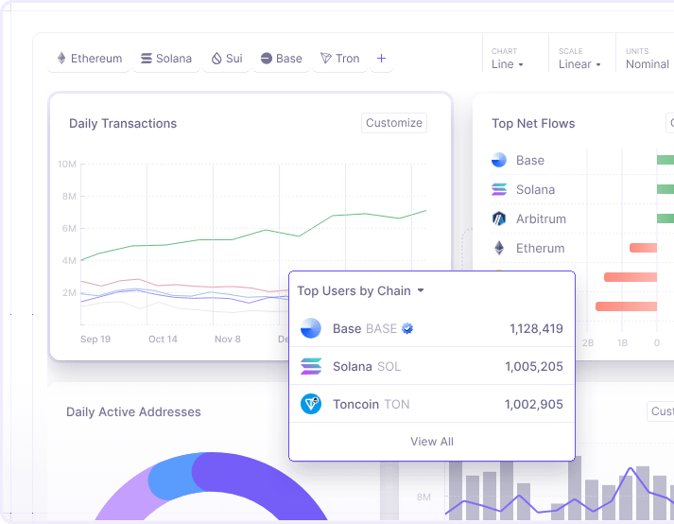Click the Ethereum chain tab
tap(90, 59)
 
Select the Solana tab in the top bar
tap(165, 59)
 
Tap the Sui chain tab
tap(226, 59)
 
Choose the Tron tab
tap(339, 59)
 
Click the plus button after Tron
tap(381, 59)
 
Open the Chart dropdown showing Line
tap(507, 64)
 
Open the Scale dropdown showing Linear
tap(579, 64)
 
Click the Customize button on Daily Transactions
tap(394, 123)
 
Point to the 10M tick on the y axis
tap(66, 165)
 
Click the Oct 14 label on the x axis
tap(163, 339)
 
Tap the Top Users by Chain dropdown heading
tap(360, 291)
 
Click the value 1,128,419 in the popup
tap(536, 329)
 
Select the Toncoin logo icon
tap(311, 404)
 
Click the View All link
tap(432, 442)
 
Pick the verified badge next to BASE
tap(407, 329)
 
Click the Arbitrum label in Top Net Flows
tap(541, 219)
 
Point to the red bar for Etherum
tap(643, 248)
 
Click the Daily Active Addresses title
tap(133, 412)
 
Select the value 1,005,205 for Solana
tap(533, 367)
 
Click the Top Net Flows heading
tap(533, 124)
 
